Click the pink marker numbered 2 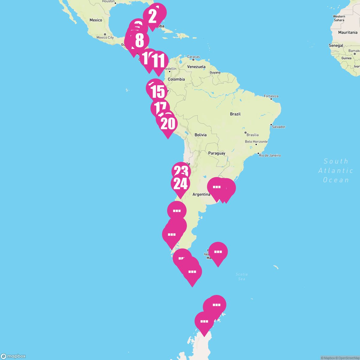click(x=152, y=17)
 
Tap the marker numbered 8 click(x=139, y=41)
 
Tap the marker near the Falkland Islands click(x=218, y=252)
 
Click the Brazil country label click(x=235, y=114)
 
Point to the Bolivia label click(x=200, y=135)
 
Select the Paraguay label click(x=217, y=153)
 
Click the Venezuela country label click(x=196, y=67)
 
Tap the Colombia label click(x=176, y=79)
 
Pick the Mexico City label click(x=105, y=37)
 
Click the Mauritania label click(x=348, y=32)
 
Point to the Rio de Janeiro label click(x=270, y=155)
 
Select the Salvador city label click(x=278, y=127)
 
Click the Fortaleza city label click(x=271, y=96)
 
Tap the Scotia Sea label click(x=241, y=276)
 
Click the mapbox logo click(x=13, y=356)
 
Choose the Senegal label click(x=336, y=46)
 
